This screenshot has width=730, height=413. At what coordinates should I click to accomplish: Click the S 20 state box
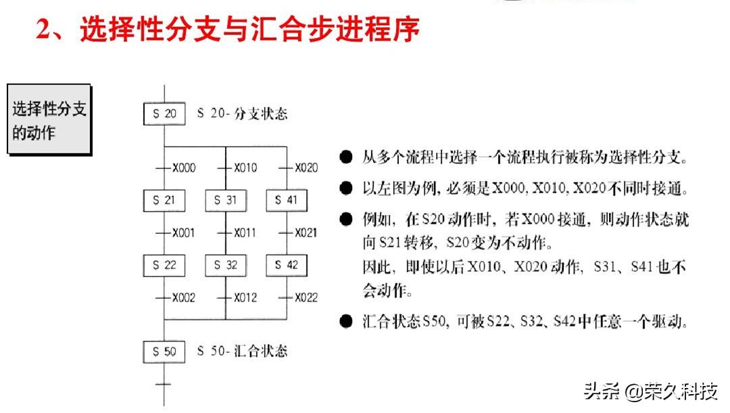tap(164, 114)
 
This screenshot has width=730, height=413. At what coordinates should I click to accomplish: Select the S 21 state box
tap(164, 200)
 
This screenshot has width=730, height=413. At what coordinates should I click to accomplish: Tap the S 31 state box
tap(226, 200)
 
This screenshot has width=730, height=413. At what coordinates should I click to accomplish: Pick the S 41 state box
tap(287, 200)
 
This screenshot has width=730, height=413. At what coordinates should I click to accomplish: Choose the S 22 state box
tap(164, 265)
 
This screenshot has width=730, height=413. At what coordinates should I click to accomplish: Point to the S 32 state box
tap(226, 265)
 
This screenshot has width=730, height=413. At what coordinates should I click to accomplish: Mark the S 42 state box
tap(287, 265)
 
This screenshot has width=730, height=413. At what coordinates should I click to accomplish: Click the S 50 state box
tap(164, 351)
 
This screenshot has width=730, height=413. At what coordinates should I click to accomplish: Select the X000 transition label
tap(183, 168)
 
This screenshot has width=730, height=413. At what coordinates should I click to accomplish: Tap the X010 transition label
tap(245, 168)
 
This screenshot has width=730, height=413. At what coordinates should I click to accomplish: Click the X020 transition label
tap(306, 168)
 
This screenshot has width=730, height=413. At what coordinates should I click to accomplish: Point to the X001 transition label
tap(183, 233)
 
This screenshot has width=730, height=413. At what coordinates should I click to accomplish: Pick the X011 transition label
tap(245, 233)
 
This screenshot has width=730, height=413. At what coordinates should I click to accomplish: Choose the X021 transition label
tap(306, 233)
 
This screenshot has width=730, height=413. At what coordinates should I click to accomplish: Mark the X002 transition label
tap(183, 297)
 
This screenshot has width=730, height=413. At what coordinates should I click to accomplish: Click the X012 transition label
tap(245, 297)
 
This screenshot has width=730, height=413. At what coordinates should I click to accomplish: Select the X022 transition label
tap(306, 297)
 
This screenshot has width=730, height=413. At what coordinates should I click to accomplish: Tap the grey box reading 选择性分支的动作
tap(49, 120)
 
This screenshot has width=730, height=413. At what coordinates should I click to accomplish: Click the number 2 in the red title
tap(45, 30)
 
